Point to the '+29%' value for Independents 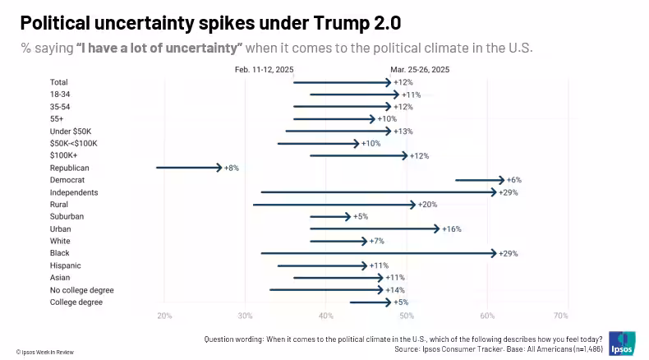pos(509,192)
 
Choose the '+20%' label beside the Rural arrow pos(427,205)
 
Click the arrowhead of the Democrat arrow pos(501,180)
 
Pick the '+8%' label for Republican pos(231,168)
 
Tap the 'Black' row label pos(60,253)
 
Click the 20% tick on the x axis pos(164,316)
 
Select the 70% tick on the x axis pos(561,316)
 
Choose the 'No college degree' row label pos(81,290)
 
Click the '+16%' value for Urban pos(452,228)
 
